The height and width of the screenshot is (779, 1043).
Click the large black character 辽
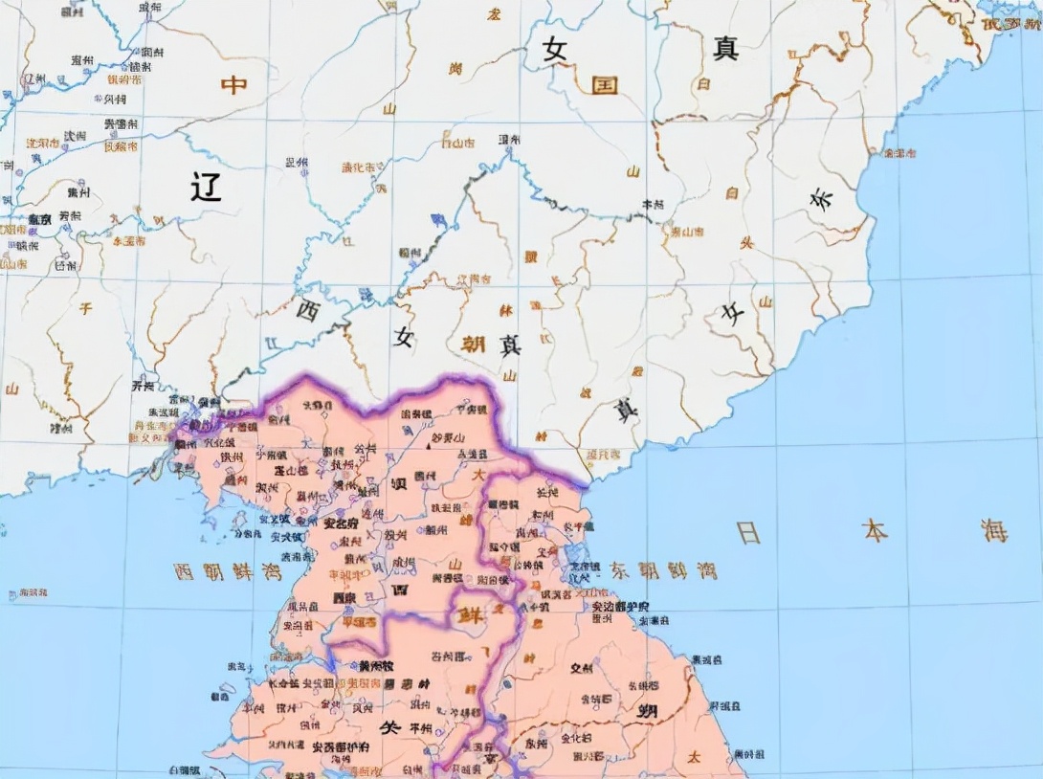coord(205,186)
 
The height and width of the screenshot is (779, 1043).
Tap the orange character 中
coord(233,85)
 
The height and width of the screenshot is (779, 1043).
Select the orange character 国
coord(604,85)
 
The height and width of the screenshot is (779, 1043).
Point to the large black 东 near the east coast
coord(821,200)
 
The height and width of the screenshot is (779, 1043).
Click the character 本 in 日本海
coord(875,530)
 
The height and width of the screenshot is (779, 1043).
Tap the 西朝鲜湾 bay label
coord(213,572)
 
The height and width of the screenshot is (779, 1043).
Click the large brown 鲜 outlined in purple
coord(471,612)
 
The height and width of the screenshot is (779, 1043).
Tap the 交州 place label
coord(581,668)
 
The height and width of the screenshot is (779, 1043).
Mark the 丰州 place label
coord(653,204)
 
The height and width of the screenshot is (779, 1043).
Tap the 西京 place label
coord(344,597)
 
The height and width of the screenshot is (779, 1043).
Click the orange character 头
coord(745,243)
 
